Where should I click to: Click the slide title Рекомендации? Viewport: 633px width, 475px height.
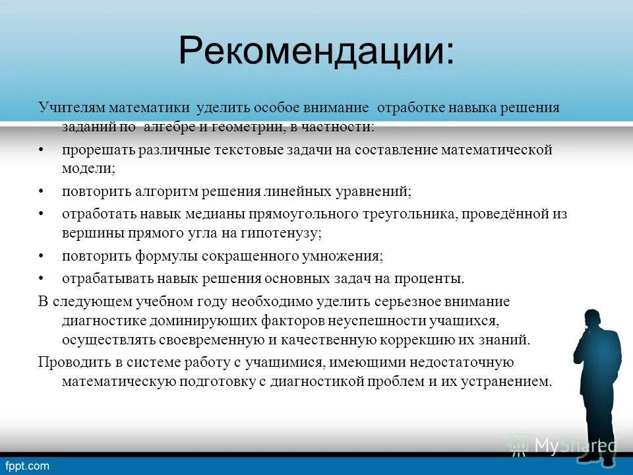point(316,51)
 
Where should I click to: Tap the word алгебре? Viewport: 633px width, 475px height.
point(169,125)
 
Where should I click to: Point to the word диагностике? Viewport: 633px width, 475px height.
point(99,321)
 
